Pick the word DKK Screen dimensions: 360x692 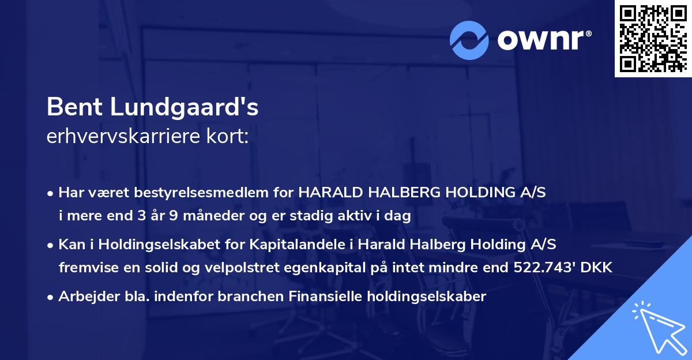600,268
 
